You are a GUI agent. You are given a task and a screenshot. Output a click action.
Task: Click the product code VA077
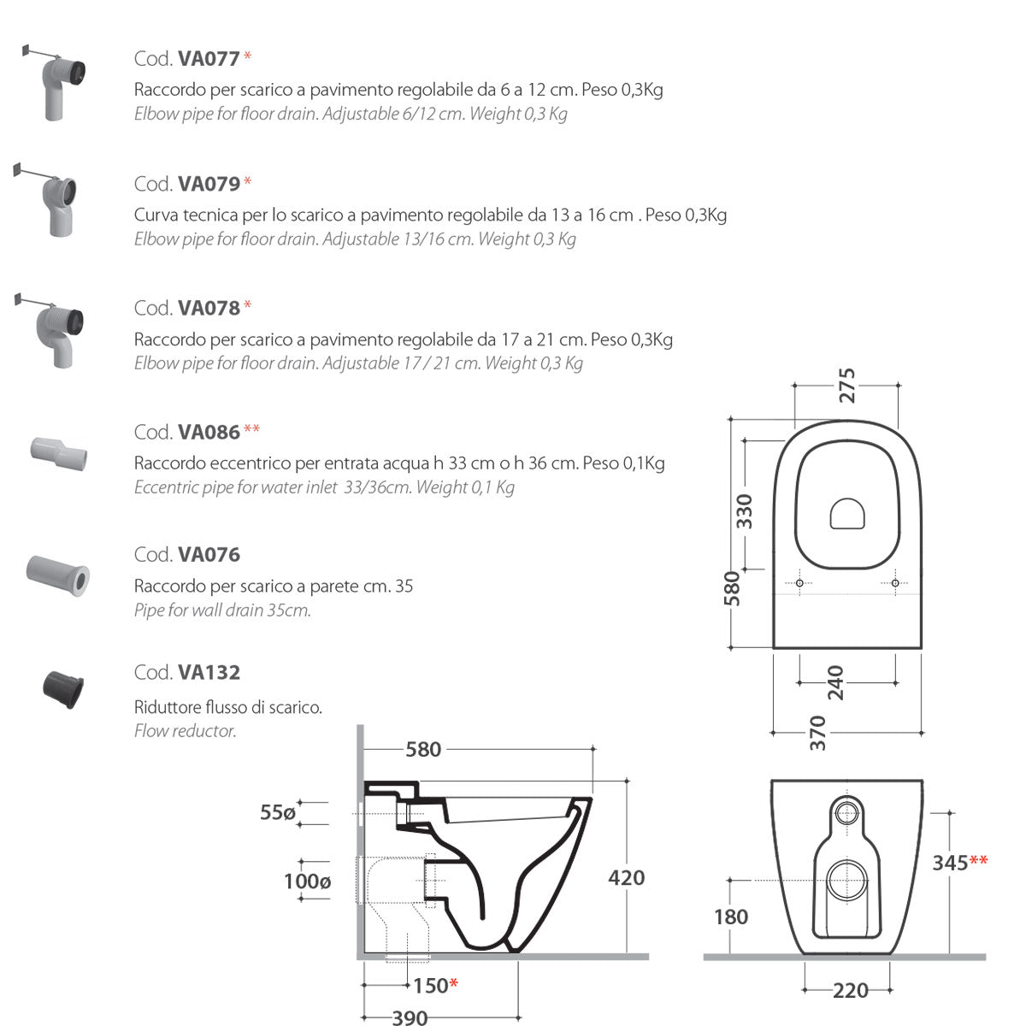coord(209,58)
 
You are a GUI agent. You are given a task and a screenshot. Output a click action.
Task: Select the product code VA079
coord(209,183)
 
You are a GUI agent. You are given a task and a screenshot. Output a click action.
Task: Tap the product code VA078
coord(209,308)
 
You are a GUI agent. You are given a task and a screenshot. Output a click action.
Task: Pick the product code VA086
coord(209,432)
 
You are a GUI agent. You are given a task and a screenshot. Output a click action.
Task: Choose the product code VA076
coord(209,555)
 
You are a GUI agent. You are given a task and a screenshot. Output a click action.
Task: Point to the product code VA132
coord(209,673)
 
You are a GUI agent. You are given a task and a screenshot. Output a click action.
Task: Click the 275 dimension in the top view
coord(846,385)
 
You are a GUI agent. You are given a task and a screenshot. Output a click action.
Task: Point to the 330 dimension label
coord(746,510)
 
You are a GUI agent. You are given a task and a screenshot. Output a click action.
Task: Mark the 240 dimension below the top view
coord(835,682)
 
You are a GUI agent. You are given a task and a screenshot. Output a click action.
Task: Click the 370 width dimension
coord(818,733)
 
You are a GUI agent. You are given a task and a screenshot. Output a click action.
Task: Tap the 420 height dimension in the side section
coord(626,877)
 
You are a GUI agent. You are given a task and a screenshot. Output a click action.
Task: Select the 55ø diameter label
coord(278,812)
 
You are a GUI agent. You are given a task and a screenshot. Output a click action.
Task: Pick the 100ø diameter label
coord(307,881)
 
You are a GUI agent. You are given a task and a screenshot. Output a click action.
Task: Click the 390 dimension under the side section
coord(410,1017)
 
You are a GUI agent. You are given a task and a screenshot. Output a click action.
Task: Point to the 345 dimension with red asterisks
coord(950,862)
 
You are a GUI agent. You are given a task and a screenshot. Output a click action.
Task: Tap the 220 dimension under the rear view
coord(850,990)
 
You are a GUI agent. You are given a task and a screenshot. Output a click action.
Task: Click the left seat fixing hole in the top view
coord(799,583)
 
